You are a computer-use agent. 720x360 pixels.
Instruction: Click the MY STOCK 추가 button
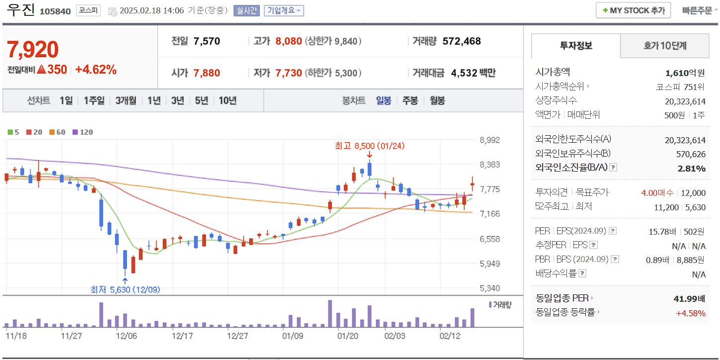point(633,10)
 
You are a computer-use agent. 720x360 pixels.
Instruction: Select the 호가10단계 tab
point(665,46)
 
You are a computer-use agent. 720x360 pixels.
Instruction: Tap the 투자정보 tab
point(576,46)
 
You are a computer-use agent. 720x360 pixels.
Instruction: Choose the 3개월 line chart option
point(126,100)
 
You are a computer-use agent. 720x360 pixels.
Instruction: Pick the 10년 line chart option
point(228,100)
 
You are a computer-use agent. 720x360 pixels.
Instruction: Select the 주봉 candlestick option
point(410,100)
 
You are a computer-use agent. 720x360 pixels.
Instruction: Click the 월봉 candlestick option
point(437,100)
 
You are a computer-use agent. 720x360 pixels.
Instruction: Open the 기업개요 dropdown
point(284,10)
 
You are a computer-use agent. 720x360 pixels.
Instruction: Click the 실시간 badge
point(246,10)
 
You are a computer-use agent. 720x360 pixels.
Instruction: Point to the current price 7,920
point(33,50)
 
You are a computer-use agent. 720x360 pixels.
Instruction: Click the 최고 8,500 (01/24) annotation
point(370,146)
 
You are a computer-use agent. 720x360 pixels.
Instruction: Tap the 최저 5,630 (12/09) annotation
point(125,289)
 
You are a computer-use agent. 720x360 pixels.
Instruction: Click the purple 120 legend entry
point(83,132)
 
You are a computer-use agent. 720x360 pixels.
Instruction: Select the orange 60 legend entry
point(58,132)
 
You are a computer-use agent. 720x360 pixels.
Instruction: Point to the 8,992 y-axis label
point(490,140)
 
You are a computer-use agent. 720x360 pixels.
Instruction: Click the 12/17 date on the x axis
point(182,336)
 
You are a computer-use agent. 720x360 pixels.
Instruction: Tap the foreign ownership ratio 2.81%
point(691,168)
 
